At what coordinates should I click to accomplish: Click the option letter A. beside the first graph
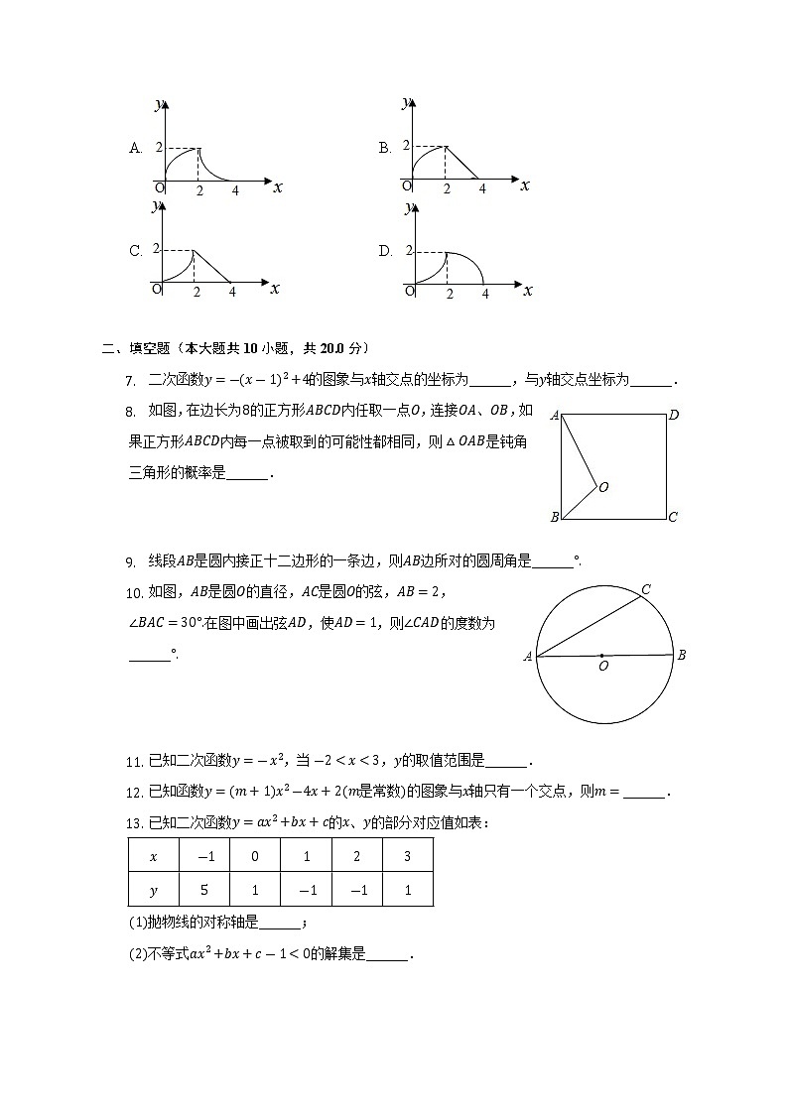pyautogui.click(x=136, y=148)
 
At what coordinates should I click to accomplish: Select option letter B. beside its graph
pyautogui.click(x=385, y=148)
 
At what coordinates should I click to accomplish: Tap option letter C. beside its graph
pyautogui.click(x=136, y=251)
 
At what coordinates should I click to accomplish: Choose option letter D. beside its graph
pyautogui.click(x=385, y=251)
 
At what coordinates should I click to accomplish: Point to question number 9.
pyautogui.click(x=130, y=562)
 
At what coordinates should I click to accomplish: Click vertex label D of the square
pyautogui.click(x=673, y=415)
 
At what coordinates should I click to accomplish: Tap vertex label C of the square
pyautogui.click(x=673, y=517)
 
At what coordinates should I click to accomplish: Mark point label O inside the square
pyautogui.click(x=603, y=487)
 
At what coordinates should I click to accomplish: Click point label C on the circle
pyautogui.click(x=645, y=590)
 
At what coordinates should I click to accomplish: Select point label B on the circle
pyautogui.click(x=682, y=655)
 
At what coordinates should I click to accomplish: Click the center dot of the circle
pyautogui.click(x=601, y=655)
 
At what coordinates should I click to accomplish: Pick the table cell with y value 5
pyautogui.click(x=204, y=890)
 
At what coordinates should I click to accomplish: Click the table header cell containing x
pyautogui.click(x=153, y=856)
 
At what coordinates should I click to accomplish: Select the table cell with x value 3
pyautogui.click(x=408, y=856)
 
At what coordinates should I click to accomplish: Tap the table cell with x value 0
pyautogui.click(x=255, y=856)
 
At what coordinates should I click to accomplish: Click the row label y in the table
pyautogui.click(x=153, y=890)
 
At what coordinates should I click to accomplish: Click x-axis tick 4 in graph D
pyautogui.click(x=485, y=295)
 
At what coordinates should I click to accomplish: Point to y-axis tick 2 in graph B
pyautogui.click(x=405, y=146)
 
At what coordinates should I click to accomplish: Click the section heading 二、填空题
pyautogui.click(x=137, y=348)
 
